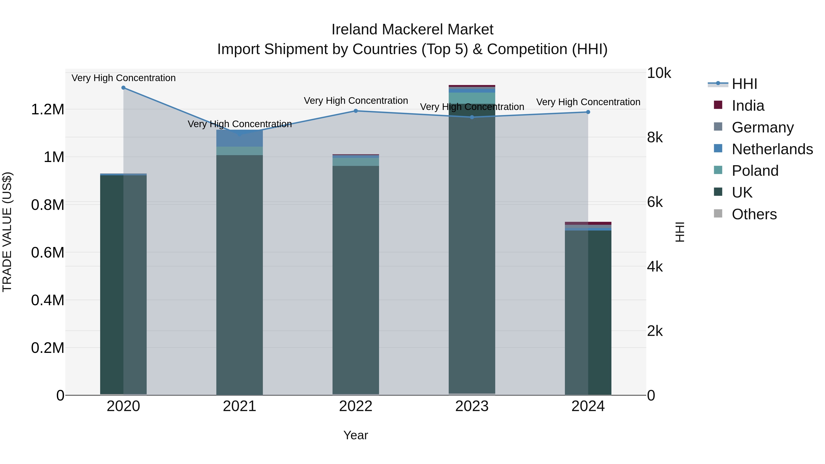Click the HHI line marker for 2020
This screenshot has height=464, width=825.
coord(123,88)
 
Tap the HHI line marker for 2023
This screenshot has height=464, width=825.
coord(472,117)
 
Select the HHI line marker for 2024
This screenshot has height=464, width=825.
coord(588,112)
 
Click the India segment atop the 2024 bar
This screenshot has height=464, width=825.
coord(588,223)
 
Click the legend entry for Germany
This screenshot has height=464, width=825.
coord(762,127)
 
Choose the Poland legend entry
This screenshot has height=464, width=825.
coord(755,171)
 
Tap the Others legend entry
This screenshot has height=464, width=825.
coord(754,214)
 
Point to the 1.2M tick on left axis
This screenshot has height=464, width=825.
coord(47,110)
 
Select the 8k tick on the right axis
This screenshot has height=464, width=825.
coord(655,138)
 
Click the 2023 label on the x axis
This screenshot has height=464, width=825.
coord(472,406)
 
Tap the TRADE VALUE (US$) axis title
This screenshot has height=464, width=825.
coord(7,232)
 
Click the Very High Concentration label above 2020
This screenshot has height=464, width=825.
coord(123,78)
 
